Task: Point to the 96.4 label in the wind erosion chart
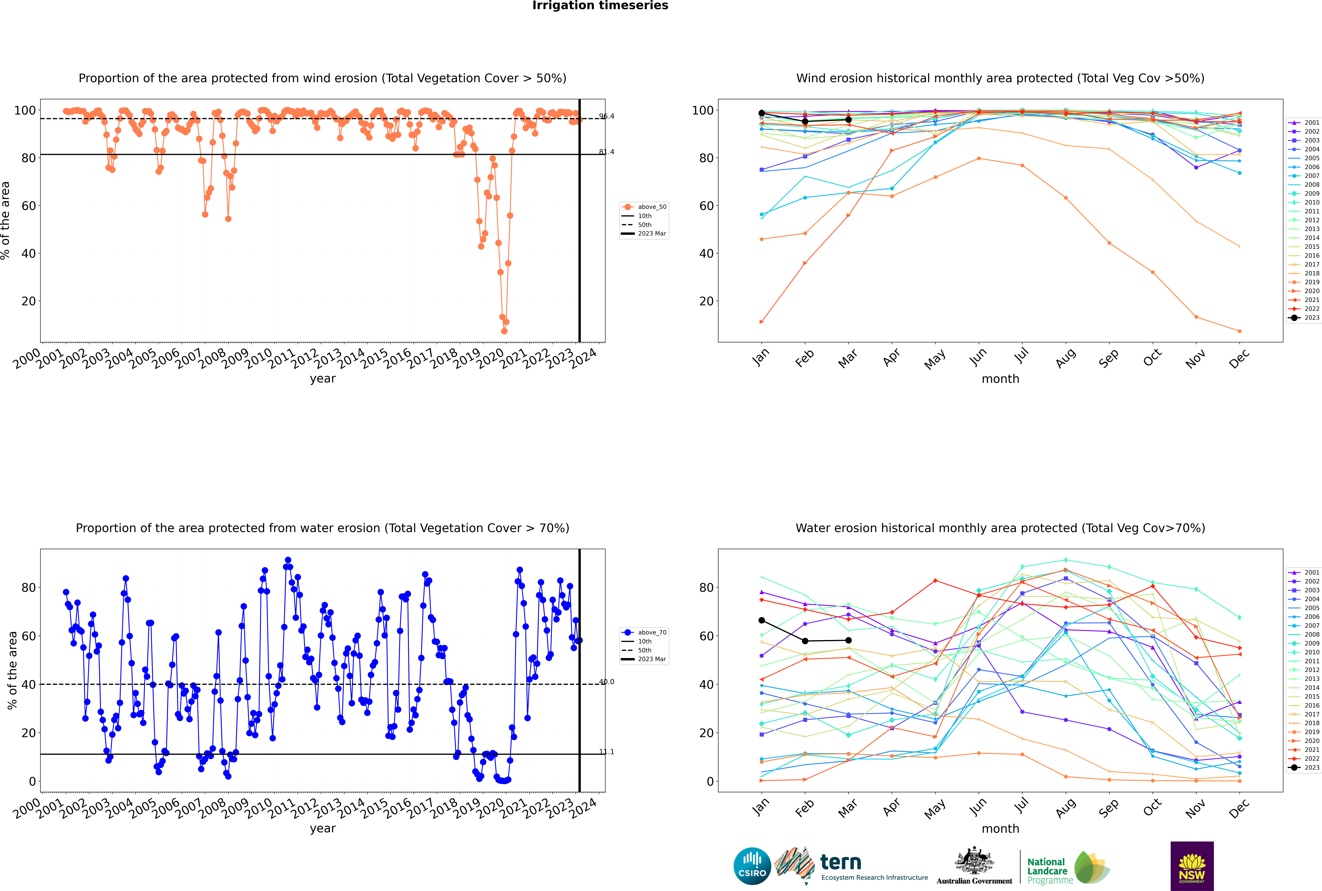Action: click(x=606, y=116)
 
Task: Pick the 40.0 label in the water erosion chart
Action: click(x=606, y=682)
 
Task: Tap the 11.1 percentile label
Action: click(x=606, y=752)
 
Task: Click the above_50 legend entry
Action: click(x=651, y=207)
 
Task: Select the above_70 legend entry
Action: click(x=651, y=632)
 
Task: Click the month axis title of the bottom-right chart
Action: click(x=1000, y=829)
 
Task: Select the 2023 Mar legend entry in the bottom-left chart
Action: click(x=651, y=659)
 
